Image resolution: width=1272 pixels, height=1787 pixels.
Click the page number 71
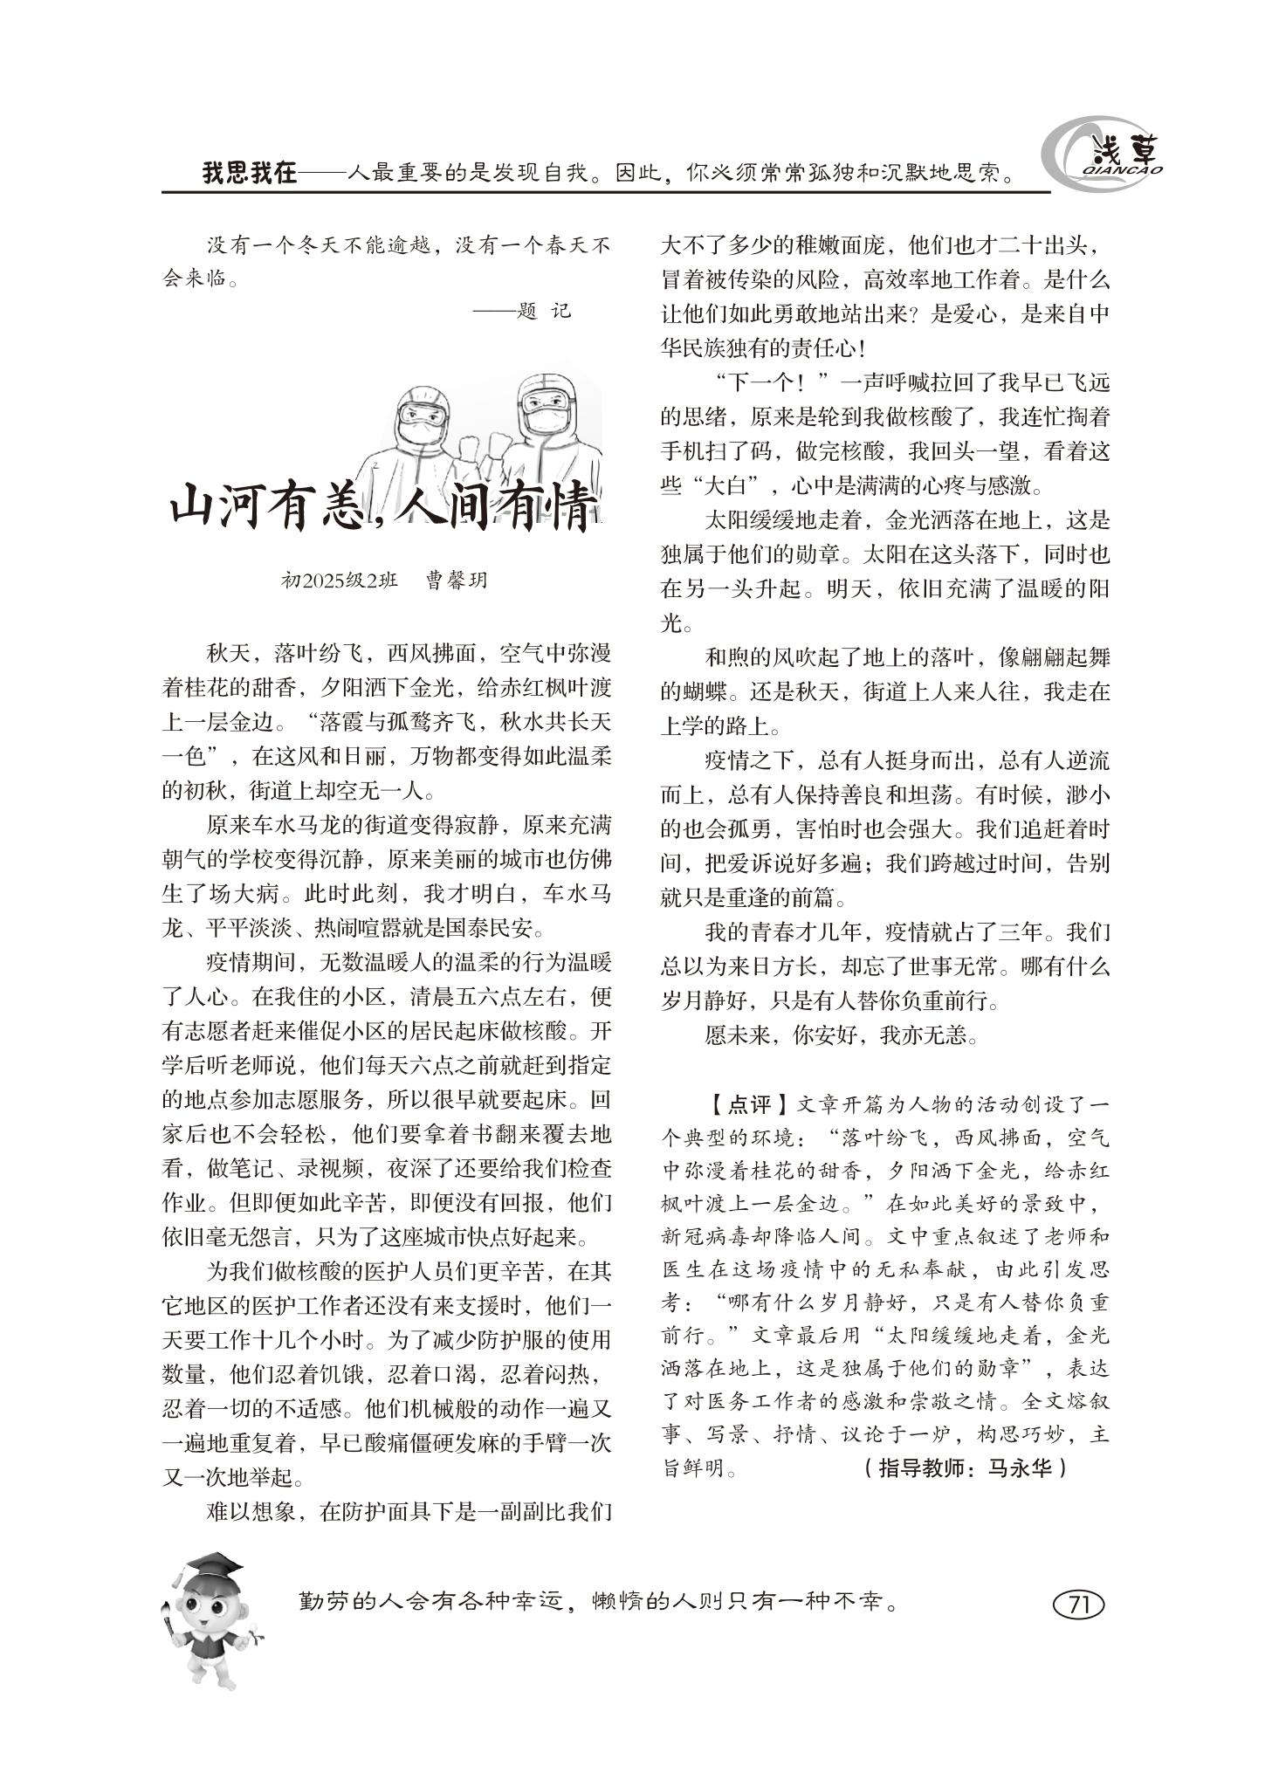(x=1079, y=1605)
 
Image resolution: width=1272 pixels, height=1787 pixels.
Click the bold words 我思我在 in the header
(x=250, y=173)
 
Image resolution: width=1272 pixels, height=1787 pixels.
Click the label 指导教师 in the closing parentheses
(x=918, y=1468)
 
